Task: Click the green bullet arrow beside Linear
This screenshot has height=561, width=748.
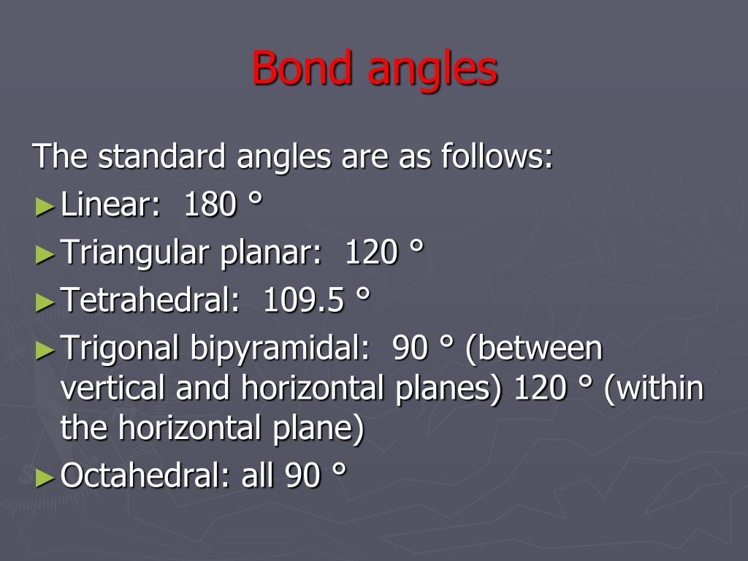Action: click(45, 207)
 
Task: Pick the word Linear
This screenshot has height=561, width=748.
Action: click(110, 205)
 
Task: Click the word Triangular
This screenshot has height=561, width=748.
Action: click(134, 253)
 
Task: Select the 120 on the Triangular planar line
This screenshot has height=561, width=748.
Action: click(371, 253)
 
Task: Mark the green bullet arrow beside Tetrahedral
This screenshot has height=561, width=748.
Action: click(45, 302)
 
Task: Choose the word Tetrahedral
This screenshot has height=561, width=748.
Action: click(150, 300)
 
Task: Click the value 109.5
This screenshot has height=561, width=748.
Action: click(303, 300)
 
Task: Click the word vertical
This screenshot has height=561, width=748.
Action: click(114, 389)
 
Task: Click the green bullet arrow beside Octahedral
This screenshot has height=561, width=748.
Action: click(45, 478)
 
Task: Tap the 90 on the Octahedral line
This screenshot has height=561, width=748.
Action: click(302, 476)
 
